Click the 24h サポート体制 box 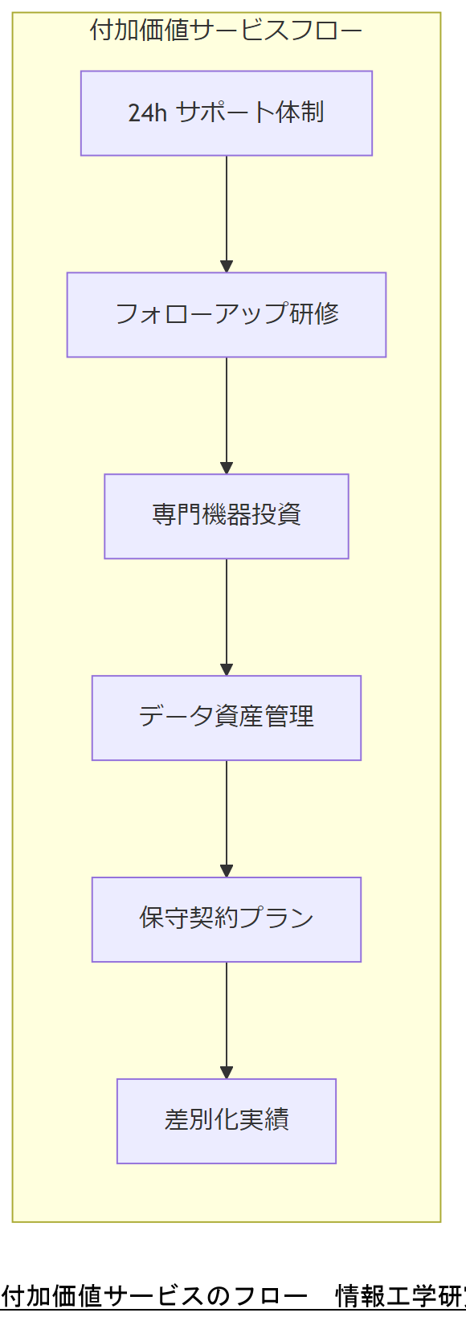[226, 113]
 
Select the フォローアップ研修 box [226, 314]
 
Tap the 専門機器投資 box [226, 516]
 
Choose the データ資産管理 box [226, 718]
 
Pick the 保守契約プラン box [226, 919]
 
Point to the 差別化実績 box [226, 1121]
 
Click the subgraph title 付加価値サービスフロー [226, 31]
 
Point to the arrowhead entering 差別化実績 [227, 1072]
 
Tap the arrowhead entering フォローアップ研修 [227, 266]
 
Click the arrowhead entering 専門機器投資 [227, 468]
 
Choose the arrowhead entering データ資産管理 [227, 669]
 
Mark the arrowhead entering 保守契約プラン [227, 871]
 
